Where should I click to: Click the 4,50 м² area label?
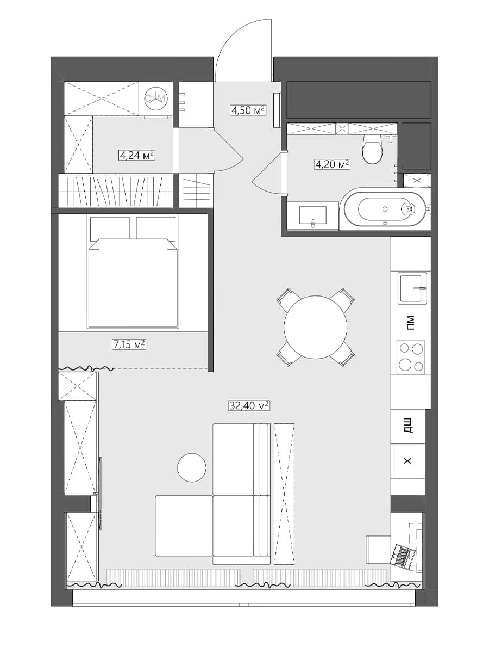(x=248, y=110)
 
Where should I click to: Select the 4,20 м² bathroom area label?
(x=333, y=164)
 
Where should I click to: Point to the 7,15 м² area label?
(x=129, y=344)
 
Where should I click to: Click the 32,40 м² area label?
(x=249, y=405)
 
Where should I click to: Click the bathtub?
(x=386, y=209)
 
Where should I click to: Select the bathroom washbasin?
(x=313, y=215)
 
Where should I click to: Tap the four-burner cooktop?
(x=411, y=358)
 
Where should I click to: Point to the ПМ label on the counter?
(x=410, y=323)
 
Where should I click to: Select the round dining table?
(x=315, y=327)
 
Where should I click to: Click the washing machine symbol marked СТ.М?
(x=156, y=98)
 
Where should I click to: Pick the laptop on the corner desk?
(x=403, y=554)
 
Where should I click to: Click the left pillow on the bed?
(x=110, y=227)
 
